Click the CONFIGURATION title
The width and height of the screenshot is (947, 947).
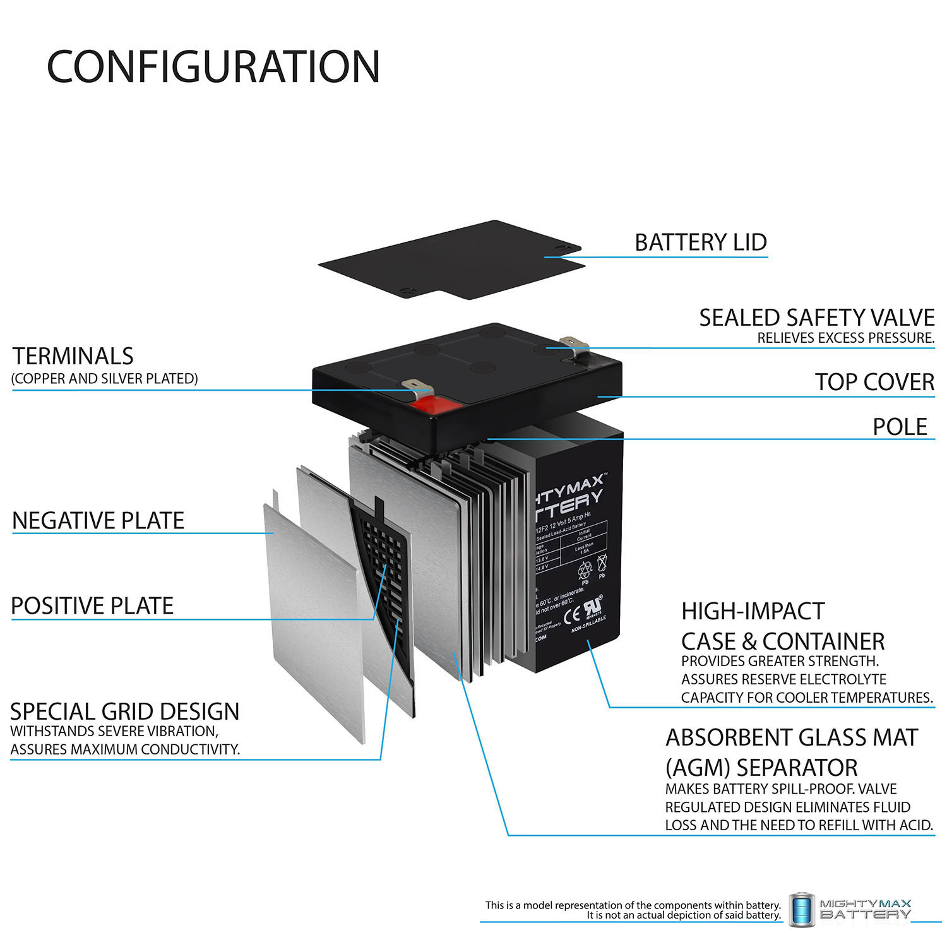(x=213, y=66)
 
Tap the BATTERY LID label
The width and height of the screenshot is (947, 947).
(x=700, y=242)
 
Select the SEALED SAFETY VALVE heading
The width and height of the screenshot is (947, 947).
(x=816, y=318)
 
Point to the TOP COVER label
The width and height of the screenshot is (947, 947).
(x=874, y=382)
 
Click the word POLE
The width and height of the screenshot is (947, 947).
(x=900, y=427)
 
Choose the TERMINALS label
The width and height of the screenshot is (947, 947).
(x=73, y=357)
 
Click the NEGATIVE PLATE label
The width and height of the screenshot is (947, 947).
(x=98, y=521)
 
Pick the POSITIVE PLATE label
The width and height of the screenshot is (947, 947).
(x=92, y=606)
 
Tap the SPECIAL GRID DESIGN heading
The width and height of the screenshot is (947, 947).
(x=125, y=712)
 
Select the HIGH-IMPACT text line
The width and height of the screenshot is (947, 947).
(x=753, y=611)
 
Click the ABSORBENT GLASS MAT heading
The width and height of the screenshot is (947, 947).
(x=791, y=737)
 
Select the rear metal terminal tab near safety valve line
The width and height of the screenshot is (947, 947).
(x=576, y=344)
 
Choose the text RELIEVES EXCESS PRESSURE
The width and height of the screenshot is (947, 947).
(x=845, y=338)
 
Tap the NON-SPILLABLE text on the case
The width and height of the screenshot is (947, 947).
(x=588, y=625)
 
